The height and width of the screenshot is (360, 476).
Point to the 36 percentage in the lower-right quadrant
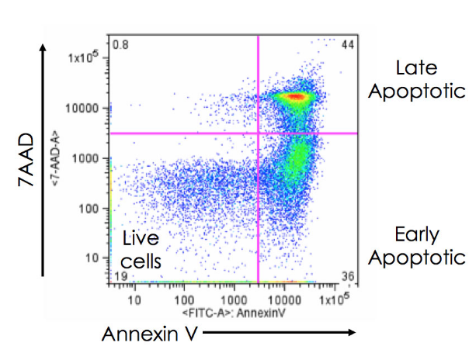[347, 276]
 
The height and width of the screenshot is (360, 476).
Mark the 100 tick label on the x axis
[184, 298]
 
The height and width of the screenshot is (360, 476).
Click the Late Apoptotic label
[417, 79]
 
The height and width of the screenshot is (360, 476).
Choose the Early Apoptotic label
[417, 246]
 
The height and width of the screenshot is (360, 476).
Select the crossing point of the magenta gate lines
[258, 133]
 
